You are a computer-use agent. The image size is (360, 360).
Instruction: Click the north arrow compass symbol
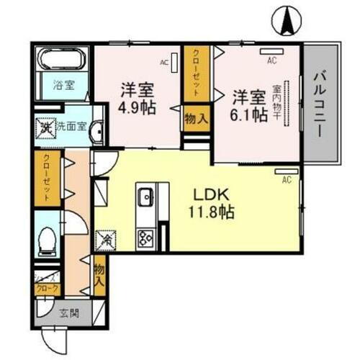[286, 19]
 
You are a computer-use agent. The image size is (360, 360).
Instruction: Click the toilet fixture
[49, 240]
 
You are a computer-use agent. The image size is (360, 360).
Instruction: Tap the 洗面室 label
[71, 128]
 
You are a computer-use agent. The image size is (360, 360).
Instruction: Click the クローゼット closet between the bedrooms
[194, 73]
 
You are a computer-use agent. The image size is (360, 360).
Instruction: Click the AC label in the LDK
[286, 179]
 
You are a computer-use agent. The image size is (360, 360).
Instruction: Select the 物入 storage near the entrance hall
[99, 273]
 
